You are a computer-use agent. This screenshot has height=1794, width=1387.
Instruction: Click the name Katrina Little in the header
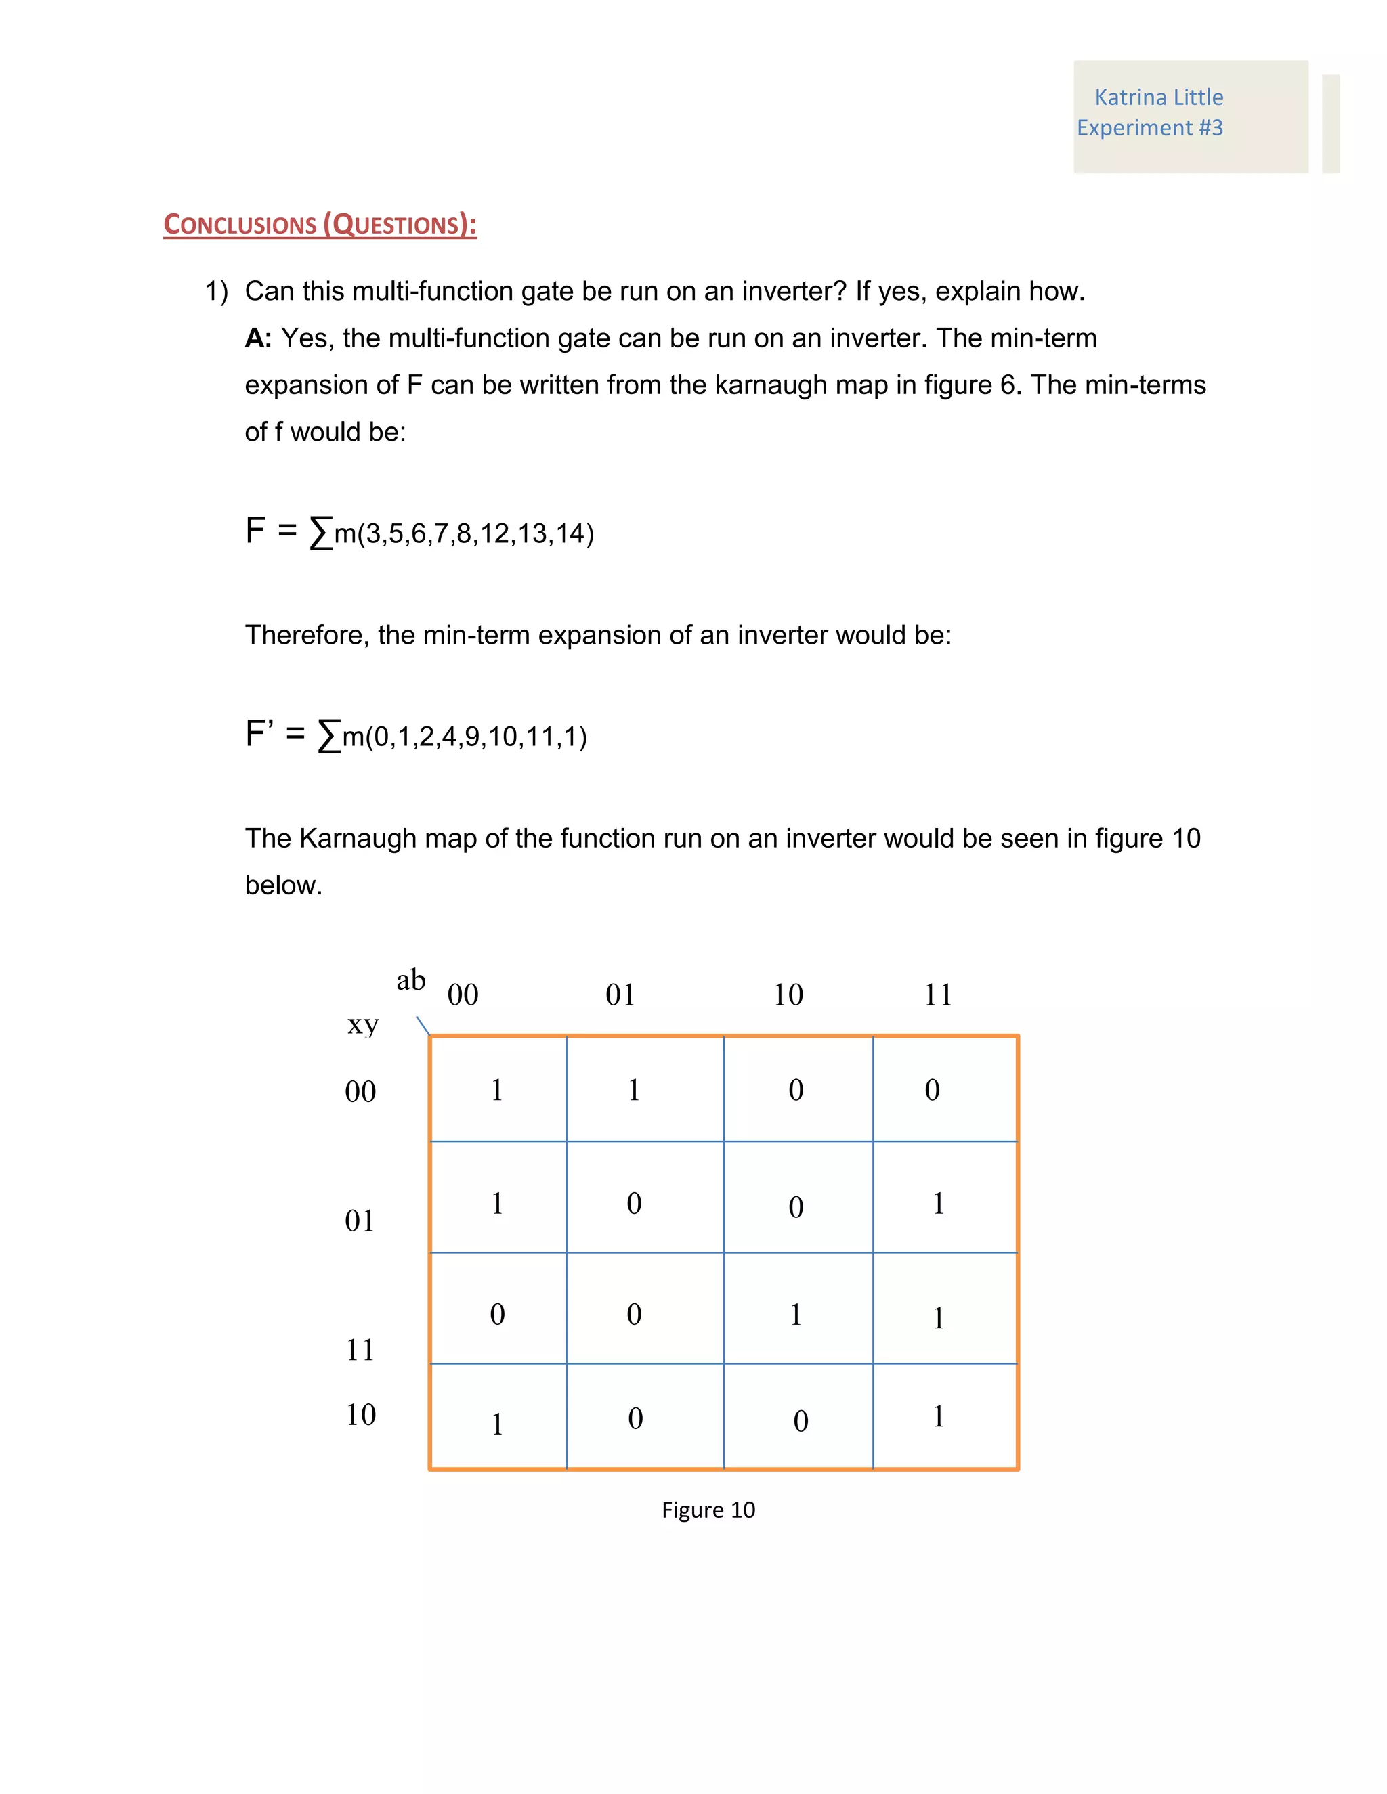click(1159, 97)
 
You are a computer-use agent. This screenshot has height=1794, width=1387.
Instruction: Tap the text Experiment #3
click(1149, 128)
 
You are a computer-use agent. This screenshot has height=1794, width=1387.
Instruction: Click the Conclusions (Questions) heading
click(320, 224)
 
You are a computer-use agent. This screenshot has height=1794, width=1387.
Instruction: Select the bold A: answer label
click(258, 338)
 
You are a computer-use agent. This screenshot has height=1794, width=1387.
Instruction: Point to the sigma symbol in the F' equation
click(328, 735)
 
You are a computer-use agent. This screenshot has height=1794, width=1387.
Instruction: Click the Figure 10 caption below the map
click(708, 1510)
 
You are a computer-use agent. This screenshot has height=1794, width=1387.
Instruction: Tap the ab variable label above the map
click(411, 980)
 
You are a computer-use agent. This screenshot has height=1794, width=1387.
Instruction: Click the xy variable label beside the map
click(362, 1024)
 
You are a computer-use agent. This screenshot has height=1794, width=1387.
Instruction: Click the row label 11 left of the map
click(360, 1351)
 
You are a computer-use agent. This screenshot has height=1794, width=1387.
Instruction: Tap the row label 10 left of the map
click(360, 1414)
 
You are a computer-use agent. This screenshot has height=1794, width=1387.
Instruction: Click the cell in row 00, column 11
click(945, 1090)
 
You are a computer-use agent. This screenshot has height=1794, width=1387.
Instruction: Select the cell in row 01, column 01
click(645, 1204)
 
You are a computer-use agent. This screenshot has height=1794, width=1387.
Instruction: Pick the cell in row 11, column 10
click(798, 1315)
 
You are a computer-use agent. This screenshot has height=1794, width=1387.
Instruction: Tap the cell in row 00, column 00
click(498, 1090)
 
